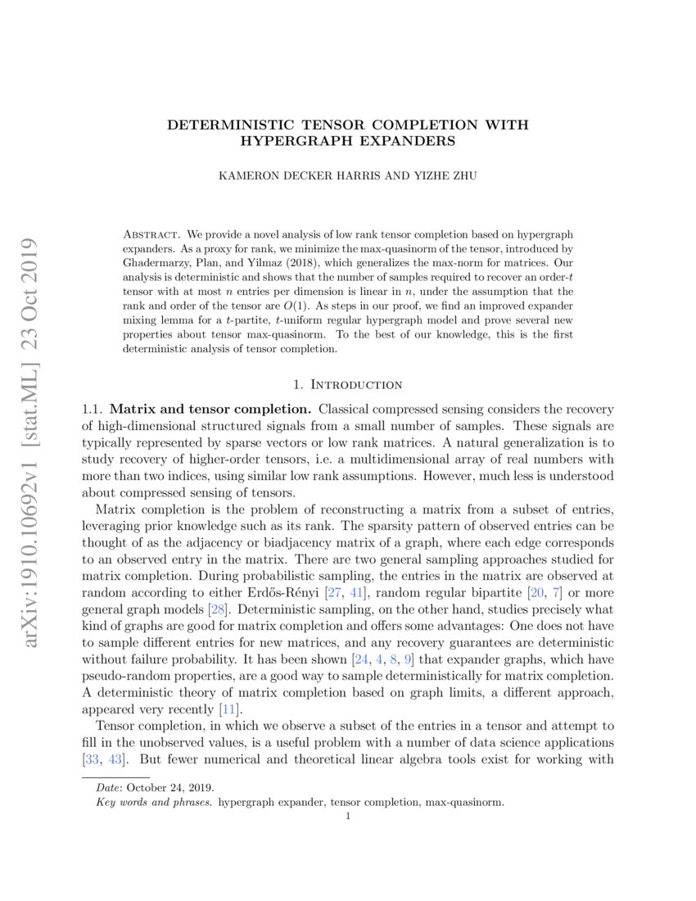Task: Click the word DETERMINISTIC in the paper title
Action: click(x=221, y=125)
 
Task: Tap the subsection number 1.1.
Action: click(x=93, y=408)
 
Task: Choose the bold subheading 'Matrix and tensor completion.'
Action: click(x=210, y=408)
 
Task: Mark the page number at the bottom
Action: click(x=349, y=817)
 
